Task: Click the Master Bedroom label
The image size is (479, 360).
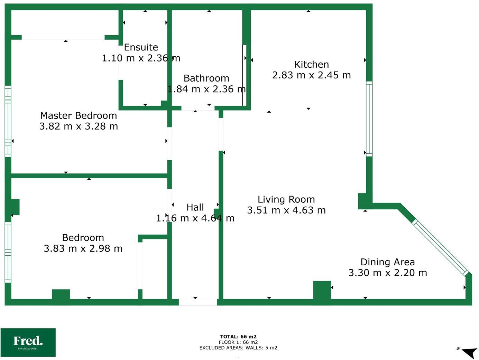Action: coord(79,115)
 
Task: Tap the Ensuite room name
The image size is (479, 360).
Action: coord(141,47)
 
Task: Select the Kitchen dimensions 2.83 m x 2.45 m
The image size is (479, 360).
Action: coord(311,75)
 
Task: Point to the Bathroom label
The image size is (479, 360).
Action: coord(206,78)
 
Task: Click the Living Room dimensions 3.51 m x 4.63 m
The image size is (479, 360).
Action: coord(286,210)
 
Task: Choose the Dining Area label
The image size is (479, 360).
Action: coord(387,262)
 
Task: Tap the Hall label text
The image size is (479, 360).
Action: coord(195,207)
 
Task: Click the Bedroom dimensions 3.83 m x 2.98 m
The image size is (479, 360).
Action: coord(83,249)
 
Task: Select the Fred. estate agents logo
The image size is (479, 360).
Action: coord(28,342)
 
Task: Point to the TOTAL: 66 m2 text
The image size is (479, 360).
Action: coord(238,337)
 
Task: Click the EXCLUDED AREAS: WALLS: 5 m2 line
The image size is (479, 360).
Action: coord(238,348)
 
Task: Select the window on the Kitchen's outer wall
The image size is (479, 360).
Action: coord(369,119)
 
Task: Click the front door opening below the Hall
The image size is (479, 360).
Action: coord(198,302)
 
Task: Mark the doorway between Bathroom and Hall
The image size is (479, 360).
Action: coord(198,108)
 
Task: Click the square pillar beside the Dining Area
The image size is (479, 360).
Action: coord(322,290)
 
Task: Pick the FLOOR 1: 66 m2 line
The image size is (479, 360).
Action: coord(238,342)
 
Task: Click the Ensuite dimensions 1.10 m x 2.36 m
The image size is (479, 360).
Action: coord(141,58)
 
